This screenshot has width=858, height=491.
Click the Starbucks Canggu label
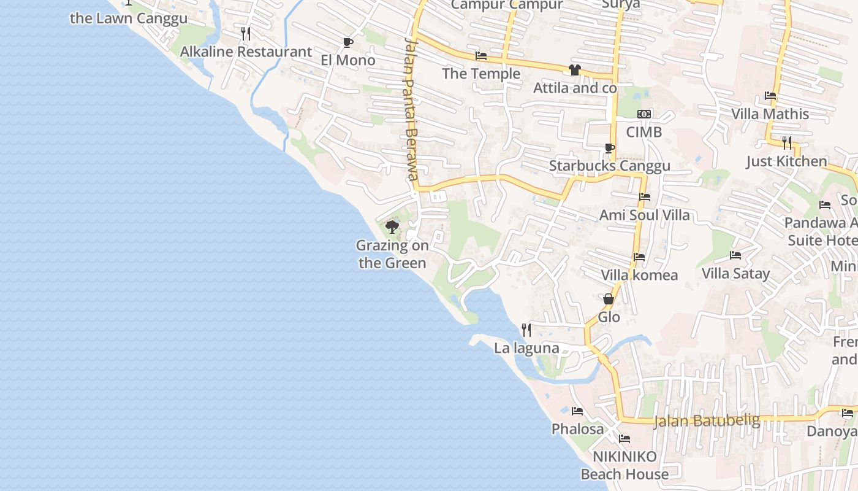609,166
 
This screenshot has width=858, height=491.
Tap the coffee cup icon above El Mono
347,42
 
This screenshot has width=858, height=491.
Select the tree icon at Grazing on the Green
392,227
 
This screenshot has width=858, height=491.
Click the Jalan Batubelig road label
707,421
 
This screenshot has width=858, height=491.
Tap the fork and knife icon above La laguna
526,330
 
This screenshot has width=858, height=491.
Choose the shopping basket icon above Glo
609,299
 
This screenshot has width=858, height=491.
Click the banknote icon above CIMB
643,114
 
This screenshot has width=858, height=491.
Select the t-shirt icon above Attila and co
574,70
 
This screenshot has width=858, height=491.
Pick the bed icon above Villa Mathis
770,96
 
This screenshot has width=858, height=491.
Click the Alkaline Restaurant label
246,52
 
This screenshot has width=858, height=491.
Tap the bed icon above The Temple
481,56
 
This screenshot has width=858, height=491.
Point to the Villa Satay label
735,273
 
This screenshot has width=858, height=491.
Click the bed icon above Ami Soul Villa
644,197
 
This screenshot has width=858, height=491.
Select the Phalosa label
577,428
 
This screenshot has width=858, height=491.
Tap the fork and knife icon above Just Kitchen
787,143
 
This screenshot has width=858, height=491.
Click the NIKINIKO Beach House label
625,465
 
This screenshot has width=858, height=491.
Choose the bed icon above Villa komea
639,257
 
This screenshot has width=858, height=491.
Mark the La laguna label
526,348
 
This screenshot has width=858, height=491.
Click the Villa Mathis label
770,114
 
